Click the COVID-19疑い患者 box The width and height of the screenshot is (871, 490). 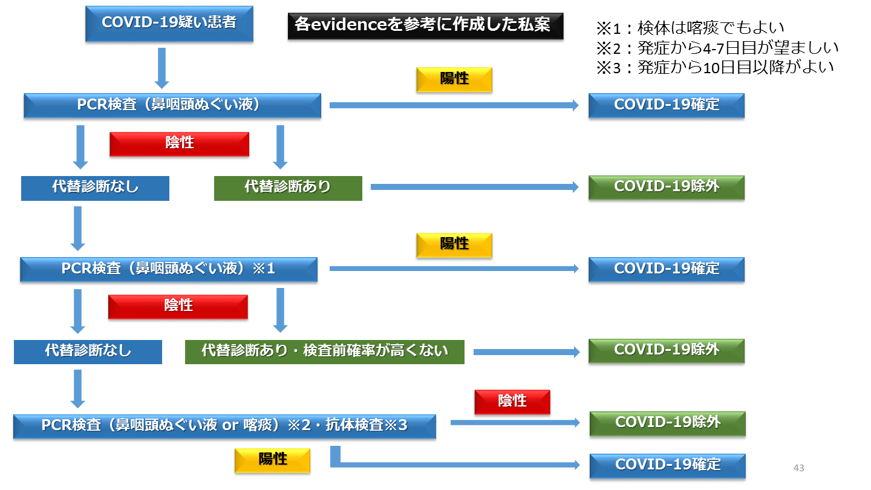169,24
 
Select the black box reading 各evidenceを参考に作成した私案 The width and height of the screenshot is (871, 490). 425,26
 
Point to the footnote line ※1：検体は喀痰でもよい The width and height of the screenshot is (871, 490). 690,27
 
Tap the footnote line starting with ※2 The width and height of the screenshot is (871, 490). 717,47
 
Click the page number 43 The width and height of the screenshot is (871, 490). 798,468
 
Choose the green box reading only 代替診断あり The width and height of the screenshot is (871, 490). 288,188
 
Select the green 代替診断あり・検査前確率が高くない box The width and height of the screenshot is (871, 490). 325,351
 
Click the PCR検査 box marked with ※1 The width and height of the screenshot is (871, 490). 169,269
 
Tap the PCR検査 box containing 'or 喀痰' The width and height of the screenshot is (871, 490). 224,426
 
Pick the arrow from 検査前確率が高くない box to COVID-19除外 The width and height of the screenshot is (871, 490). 526,352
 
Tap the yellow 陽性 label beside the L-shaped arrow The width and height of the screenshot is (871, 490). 272,460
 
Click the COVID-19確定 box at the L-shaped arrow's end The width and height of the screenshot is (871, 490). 667,465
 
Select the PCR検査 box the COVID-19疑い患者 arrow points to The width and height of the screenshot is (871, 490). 172,105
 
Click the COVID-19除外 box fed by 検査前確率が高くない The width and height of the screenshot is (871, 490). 666,350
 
